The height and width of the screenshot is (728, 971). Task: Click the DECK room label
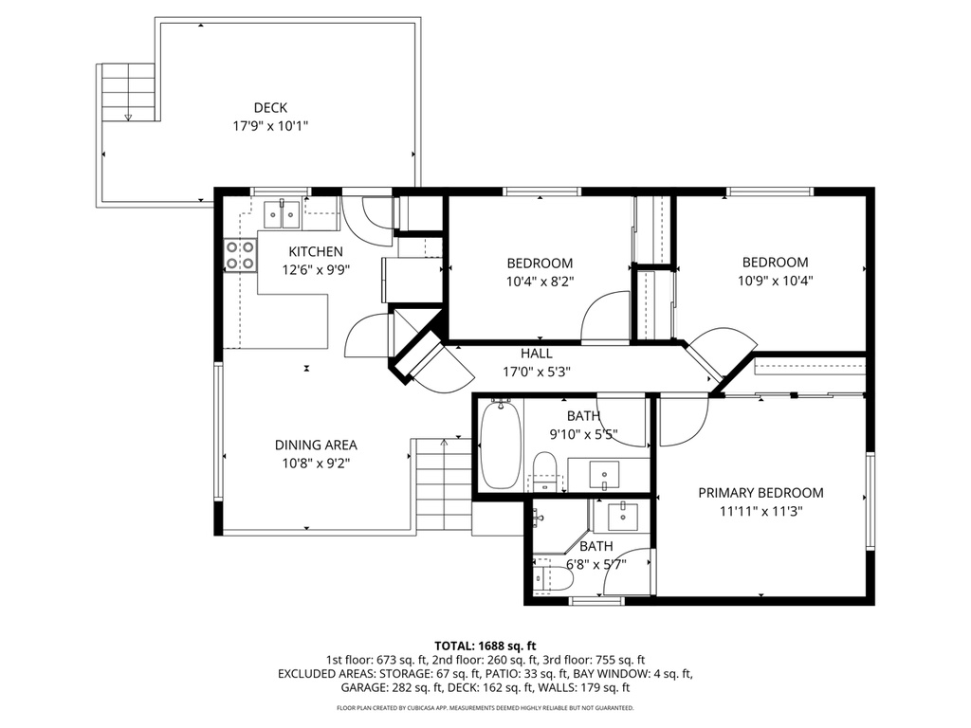[270, 108]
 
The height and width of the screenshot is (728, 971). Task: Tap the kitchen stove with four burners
[241, 254]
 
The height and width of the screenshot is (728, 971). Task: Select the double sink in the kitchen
[281, 214]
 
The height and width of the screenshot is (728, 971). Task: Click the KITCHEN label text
[316, 252]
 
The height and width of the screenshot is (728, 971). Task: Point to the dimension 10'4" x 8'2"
[540, 281]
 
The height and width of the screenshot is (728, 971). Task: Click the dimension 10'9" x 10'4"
[775, 280]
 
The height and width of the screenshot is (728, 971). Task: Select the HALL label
[536, 354]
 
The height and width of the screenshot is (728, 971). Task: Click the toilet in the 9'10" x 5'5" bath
[544, 469]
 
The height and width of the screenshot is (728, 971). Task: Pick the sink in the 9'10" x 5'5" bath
[604, 472]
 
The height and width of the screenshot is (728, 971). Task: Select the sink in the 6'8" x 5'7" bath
[623, 516]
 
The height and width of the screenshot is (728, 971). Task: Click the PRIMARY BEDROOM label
[760, 493]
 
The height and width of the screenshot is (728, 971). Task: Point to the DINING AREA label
[316, 445]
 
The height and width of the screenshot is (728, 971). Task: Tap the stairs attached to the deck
[128, 91]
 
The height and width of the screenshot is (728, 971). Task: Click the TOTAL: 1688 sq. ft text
[485, 645]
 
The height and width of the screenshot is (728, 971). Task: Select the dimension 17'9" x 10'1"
[270, 125]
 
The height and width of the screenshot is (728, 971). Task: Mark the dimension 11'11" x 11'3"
[760, 510]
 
